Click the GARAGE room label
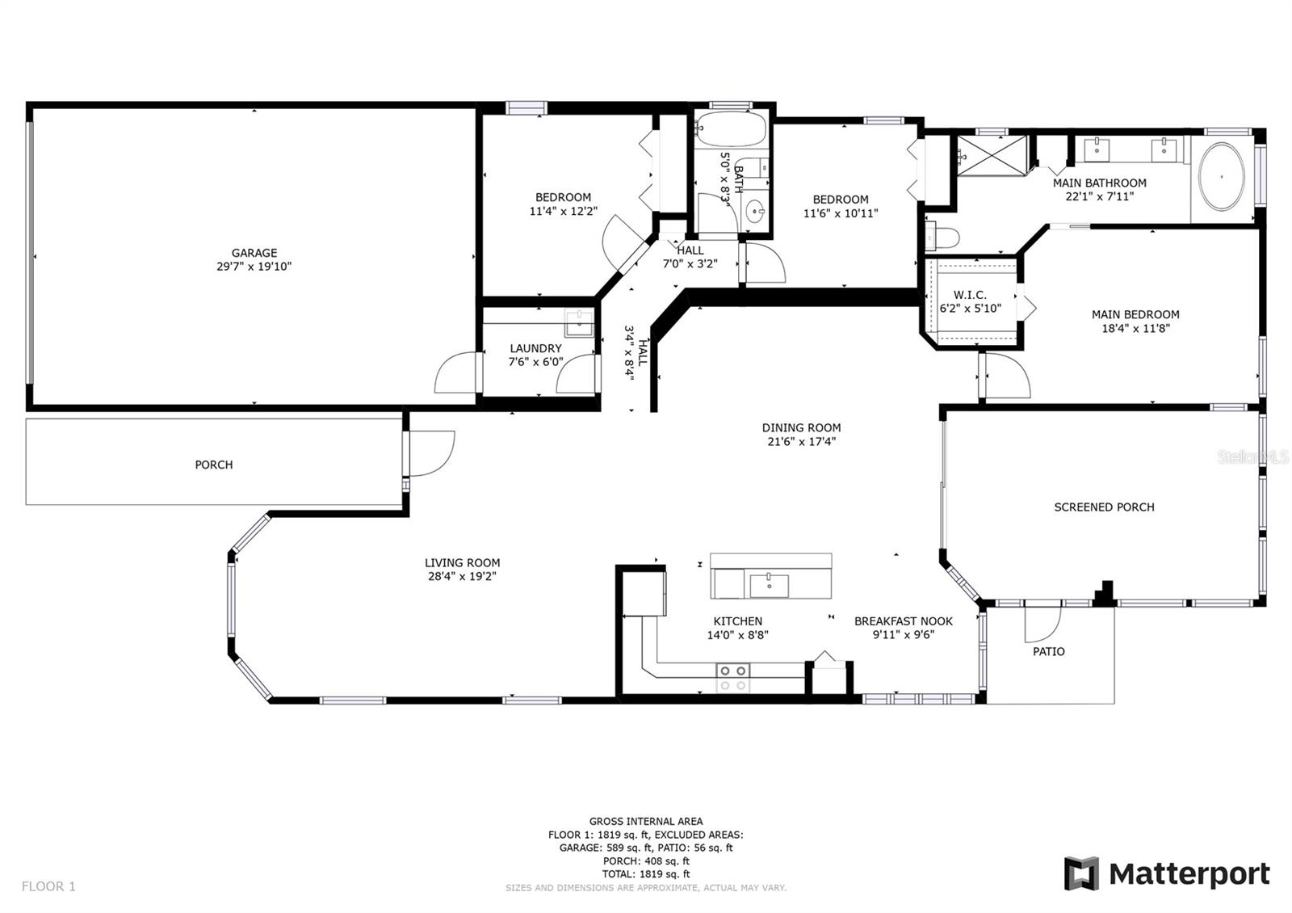coord(254,253)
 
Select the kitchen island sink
coord(769,585)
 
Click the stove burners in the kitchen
coord(732,677)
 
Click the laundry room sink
coord(578,323)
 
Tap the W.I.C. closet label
coord(970,295)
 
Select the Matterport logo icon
coord(1081,873)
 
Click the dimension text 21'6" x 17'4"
coord(801,442)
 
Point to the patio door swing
coord(1043,623)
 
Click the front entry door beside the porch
coord(430,452)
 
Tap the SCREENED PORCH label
coord(1104,507)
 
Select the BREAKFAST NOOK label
coord(903,621)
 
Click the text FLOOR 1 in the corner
coord(48,886)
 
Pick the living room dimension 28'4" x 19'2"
coord(462,577)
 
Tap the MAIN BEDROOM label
coord(1135,314)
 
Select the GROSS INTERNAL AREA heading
coord(645,822)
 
